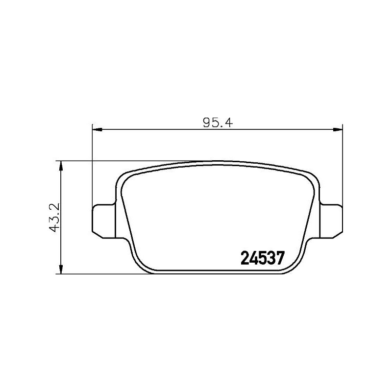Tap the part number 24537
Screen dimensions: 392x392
tap(262, 258)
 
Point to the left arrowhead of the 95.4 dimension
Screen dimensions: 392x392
tap(97, 130)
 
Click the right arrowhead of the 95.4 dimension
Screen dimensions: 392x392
tap(338, 130)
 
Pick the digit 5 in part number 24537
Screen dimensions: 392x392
tap(262, 258)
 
